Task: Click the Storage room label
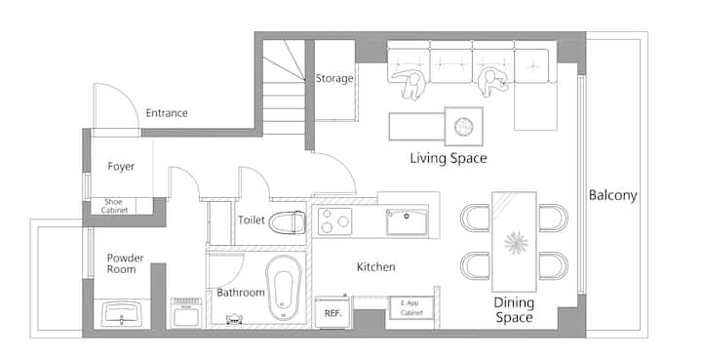pyautogui.click(x=334, y=78)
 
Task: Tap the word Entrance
pyautogui.click(x=167, y=113)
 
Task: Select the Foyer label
pyautogui.click(x=121, y=167)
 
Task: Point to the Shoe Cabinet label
pyautogui.click(x=114, y=206)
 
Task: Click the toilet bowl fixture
pyautogui.click(x=288, y=222)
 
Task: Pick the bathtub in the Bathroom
pyautogui.click(x=284, y=288)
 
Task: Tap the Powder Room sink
pyautogui.click(x=121, y=313)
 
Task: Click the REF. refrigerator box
pyautogui.click(x=333, y=312)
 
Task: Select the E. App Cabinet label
pyautogui.click(x=411, y=308)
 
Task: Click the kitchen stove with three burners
pyautogui.click(x=334, y=221)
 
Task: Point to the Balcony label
pyautogui.click(x=612, y=196)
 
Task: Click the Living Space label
pyautogui.click(x=448, y=158)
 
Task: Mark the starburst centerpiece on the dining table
pyautogui.click(x=516, y=243)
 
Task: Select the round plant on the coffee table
pyautogui.click(x=463, y=126)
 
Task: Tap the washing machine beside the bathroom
pyautogui.click(x=186, y=312)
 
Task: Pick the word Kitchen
pyautogui.click(x=376, y=267)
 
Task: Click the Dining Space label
pyautogui.click(x=514, y=310)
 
